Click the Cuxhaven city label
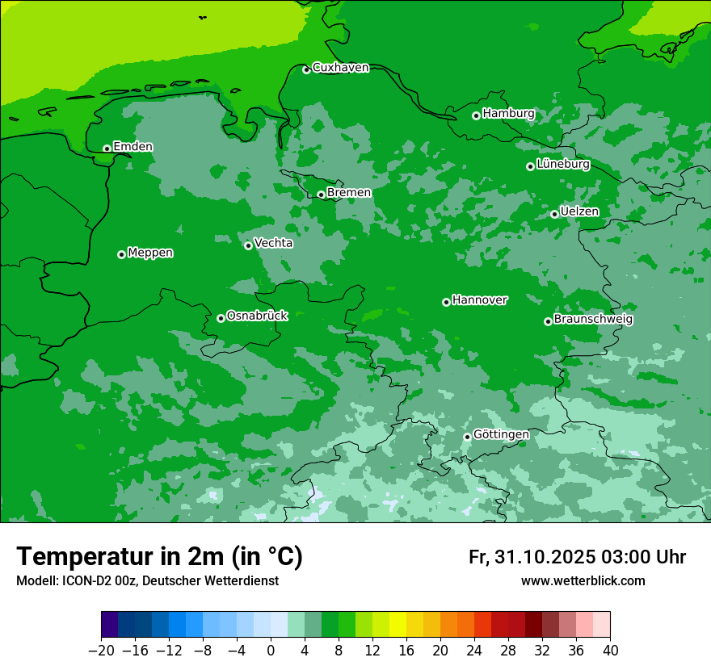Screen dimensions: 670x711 (x=340, y=68)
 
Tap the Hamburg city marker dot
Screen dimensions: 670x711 (x=476, y=115)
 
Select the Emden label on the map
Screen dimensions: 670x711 (x=133, y=147)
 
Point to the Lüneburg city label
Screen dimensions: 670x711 (x=562, y=165)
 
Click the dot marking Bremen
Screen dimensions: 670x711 (x=321, y=195)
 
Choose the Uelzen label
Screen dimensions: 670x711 (x=579, y=212)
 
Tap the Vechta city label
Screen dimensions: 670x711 (x=273, y=243)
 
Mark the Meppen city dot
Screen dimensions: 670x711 (x=121, y=254)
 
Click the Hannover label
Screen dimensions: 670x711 (x=479, y=300)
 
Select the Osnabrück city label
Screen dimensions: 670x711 (x=257, y=316)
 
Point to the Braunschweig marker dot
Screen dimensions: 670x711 (x=548, y=321)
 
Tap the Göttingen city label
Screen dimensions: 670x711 (x=501, y=435)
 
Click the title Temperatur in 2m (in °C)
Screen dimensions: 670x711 (x=159, y=557)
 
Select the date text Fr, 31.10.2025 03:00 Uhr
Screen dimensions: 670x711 (x=577, y=558)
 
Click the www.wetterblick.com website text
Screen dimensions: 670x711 (x=583, y=581)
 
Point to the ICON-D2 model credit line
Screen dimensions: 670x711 (x=147, y=581)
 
